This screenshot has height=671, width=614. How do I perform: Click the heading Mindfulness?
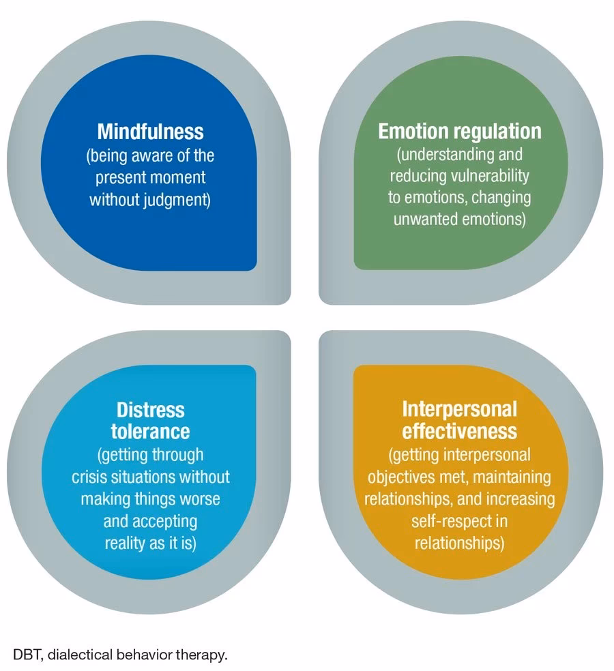pyautogui.click(x=150, y=131)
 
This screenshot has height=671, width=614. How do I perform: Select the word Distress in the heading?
pyautogui.click(x=150, y=410)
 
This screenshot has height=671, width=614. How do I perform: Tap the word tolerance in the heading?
pyautogui.click(x=150, y=432)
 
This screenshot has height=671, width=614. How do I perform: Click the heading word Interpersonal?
pyautogui.click(x=459, y=409)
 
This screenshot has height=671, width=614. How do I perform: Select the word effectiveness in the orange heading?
pyautogui.click(x=459, y=432)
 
